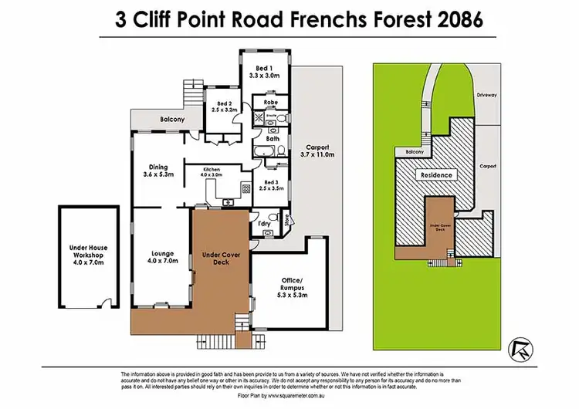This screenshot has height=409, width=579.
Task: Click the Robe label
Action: [x=271, y=102]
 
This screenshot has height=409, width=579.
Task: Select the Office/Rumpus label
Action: [x=291, y=286]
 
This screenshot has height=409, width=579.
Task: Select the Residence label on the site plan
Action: [x=437, y=175]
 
